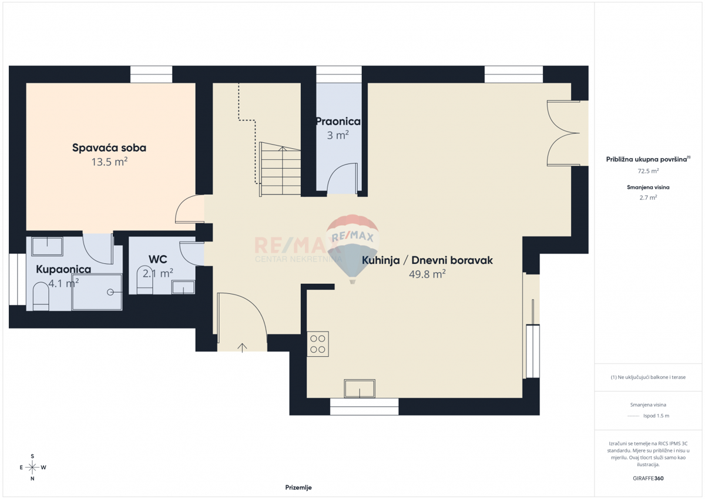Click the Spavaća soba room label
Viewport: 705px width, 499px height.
coord(109,148)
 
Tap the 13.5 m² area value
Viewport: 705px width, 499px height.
coord(109,162)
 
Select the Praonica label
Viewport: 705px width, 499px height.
coord(338,122)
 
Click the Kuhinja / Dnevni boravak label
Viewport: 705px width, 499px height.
coord(427,260)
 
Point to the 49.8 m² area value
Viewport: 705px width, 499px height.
coord(427,274)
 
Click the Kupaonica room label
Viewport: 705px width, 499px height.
coord(63,269)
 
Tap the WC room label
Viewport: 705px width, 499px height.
coord(158,259)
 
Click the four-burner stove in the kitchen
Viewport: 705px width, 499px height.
coord(318,344)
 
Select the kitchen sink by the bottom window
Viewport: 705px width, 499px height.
coord(360,389)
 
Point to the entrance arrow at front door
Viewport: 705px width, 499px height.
coord(242,347)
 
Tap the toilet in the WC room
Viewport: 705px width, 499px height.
coord(145,280)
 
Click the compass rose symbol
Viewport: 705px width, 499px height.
coord(32,467)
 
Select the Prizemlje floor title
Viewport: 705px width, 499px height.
coord(298,487)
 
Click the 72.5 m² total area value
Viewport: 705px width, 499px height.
coord(648,171)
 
